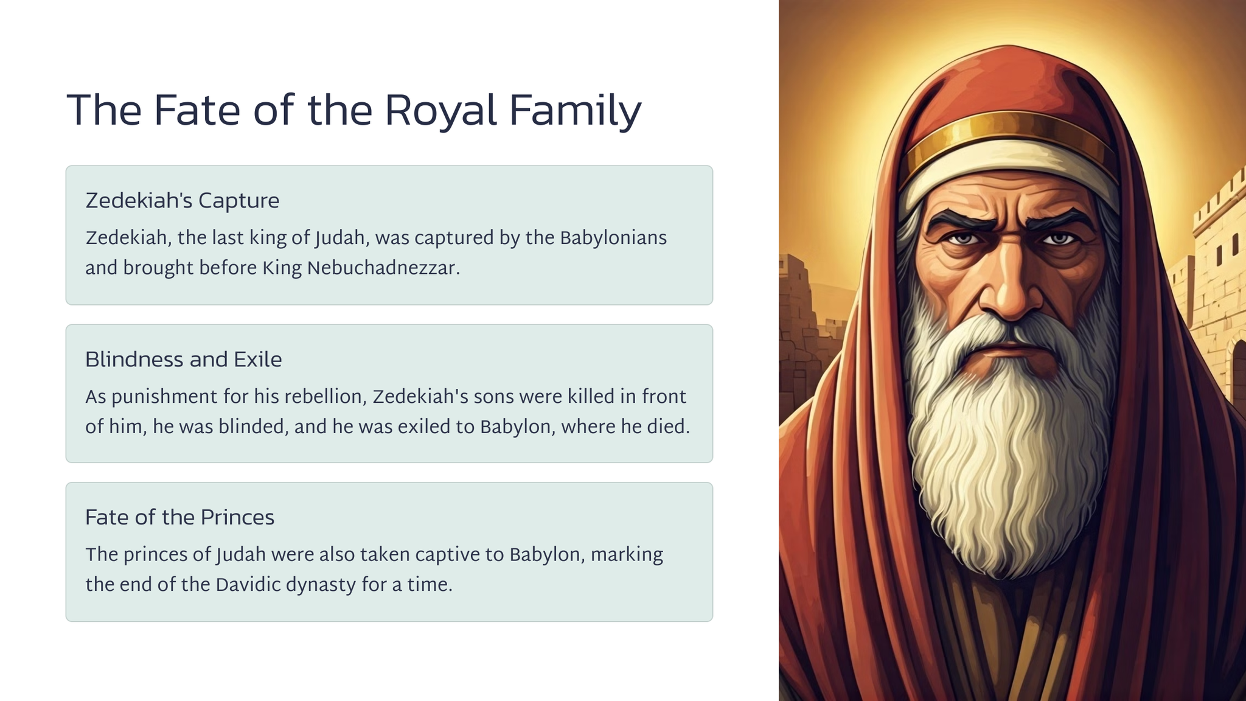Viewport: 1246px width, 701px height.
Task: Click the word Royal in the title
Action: coord(440,111)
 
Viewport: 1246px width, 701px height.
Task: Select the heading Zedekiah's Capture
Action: coord(182,201)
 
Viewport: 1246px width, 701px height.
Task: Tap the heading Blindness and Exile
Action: coord(183,360)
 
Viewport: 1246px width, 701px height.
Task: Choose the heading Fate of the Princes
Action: coord(179,517)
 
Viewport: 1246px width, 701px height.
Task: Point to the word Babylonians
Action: coord(613,239)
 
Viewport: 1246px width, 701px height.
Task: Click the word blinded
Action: coord(253,427)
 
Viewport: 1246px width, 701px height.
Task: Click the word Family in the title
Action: coord(575,111)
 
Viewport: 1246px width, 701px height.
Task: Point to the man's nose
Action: coord(1011,286)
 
